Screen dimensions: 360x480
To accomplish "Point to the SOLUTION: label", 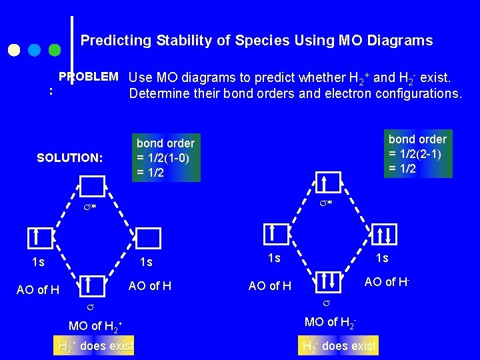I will tap(70, 158).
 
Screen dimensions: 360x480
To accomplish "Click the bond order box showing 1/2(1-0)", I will tap(165, 158).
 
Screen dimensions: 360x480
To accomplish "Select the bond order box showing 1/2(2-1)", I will tap(417, 153).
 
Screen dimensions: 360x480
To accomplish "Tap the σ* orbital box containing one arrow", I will tap(328, 183).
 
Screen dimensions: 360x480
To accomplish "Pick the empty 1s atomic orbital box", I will tap(149, 238).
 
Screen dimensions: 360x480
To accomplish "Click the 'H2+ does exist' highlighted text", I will tap(95, 346).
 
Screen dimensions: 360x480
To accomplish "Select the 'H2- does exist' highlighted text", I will tap(339, 346).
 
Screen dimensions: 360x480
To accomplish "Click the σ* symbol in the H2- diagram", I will tap(325, 202).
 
